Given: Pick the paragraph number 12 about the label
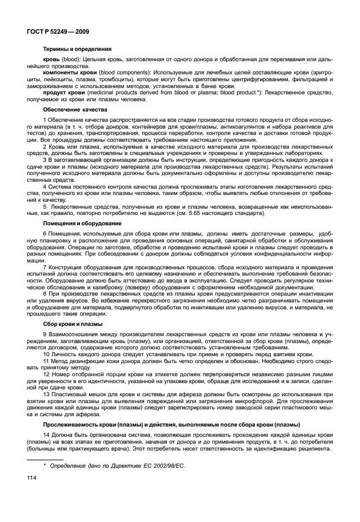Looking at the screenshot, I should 46,373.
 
